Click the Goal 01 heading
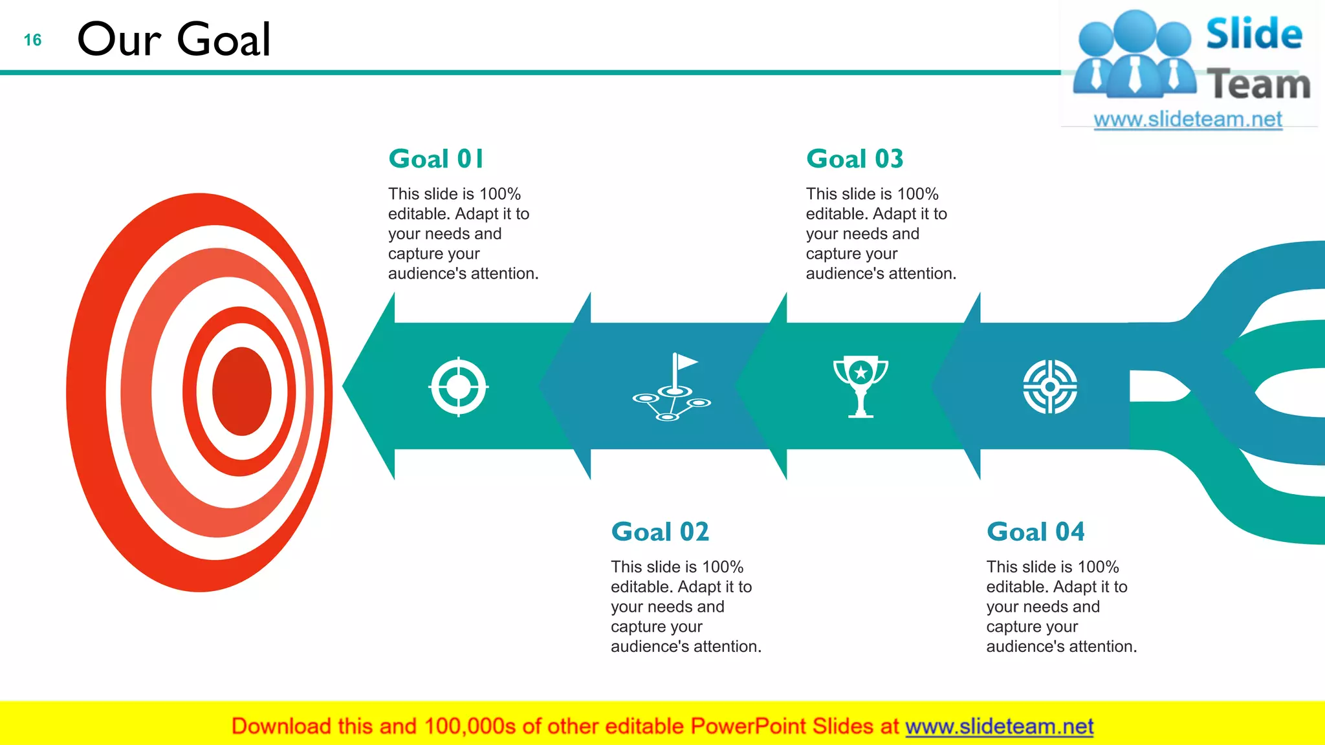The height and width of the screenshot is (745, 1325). point(435,159)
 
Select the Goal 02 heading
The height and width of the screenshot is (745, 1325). point(660,532)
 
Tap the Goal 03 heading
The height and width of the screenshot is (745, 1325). point(854,159)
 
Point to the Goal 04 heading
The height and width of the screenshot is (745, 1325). point(1035,532)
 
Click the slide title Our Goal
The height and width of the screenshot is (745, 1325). point(173,39)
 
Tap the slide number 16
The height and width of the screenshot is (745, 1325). point(32,40)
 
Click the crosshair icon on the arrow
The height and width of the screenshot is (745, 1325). point(459,387)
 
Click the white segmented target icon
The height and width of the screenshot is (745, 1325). point(1050,387)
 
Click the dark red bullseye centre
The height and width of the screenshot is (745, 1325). point(241,391)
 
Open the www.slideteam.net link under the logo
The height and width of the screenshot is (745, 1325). point(1188,120)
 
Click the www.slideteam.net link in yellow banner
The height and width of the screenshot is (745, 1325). point(999,727)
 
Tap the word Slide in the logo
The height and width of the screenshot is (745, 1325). point(1254,34)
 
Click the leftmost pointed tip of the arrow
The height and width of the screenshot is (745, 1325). point(344,386)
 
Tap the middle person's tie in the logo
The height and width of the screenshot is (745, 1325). point(1135,75)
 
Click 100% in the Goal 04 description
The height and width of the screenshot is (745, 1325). point(1098,567)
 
